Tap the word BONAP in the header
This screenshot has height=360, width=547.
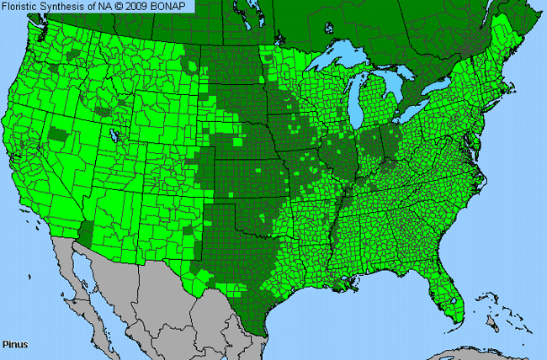pos(173,7)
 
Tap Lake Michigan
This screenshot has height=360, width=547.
pos(360,105)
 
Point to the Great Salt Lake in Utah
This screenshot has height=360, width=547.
pos(114,135)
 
